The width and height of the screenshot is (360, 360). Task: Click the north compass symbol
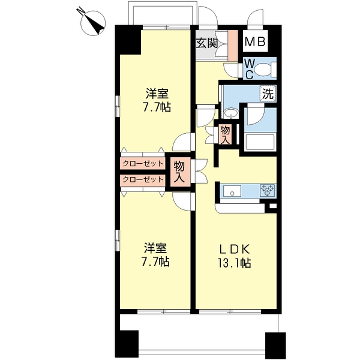[93, 23]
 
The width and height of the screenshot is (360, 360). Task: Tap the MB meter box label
[255, 42]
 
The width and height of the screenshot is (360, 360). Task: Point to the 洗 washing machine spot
[268, 94]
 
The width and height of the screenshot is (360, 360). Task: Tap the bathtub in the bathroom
[260, 142]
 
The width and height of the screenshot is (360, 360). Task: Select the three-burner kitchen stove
[267, 190]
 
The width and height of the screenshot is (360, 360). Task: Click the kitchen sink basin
[232, 191]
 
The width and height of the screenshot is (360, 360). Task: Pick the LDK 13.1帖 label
[235, 256]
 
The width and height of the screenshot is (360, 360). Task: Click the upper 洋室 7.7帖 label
[157, 100]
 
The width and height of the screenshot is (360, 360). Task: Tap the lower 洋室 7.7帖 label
[155, 254]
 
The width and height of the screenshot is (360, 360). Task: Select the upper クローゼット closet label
[143, 164]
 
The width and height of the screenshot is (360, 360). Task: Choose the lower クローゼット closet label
[143, 179]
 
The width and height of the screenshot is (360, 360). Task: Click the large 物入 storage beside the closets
[179, 172]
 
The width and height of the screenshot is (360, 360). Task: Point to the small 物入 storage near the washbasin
[225, 135]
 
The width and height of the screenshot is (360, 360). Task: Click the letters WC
[250, 68]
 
